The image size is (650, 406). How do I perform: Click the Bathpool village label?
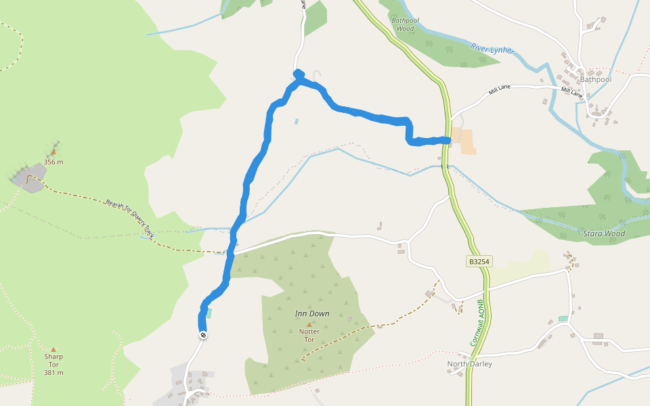595,79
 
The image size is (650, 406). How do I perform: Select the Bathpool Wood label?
404,24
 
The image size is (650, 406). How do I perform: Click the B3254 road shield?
478,261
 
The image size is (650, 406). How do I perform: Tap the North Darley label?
469,364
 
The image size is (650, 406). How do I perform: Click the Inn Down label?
312,314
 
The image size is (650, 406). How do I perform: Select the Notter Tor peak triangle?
310,324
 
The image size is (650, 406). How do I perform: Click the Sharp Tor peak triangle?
53,349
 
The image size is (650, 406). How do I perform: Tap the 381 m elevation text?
53,372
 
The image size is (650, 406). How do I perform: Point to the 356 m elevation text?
53,162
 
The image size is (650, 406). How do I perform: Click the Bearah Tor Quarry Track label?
129,217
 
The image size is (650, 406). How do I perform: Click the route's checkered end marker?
202,336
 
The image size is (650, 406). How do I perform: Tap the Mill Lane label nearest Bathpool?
571,93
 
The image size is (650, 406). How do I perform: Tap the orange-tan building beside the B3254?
466,141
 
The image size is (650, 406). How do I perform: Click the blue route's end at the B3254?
448,140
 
